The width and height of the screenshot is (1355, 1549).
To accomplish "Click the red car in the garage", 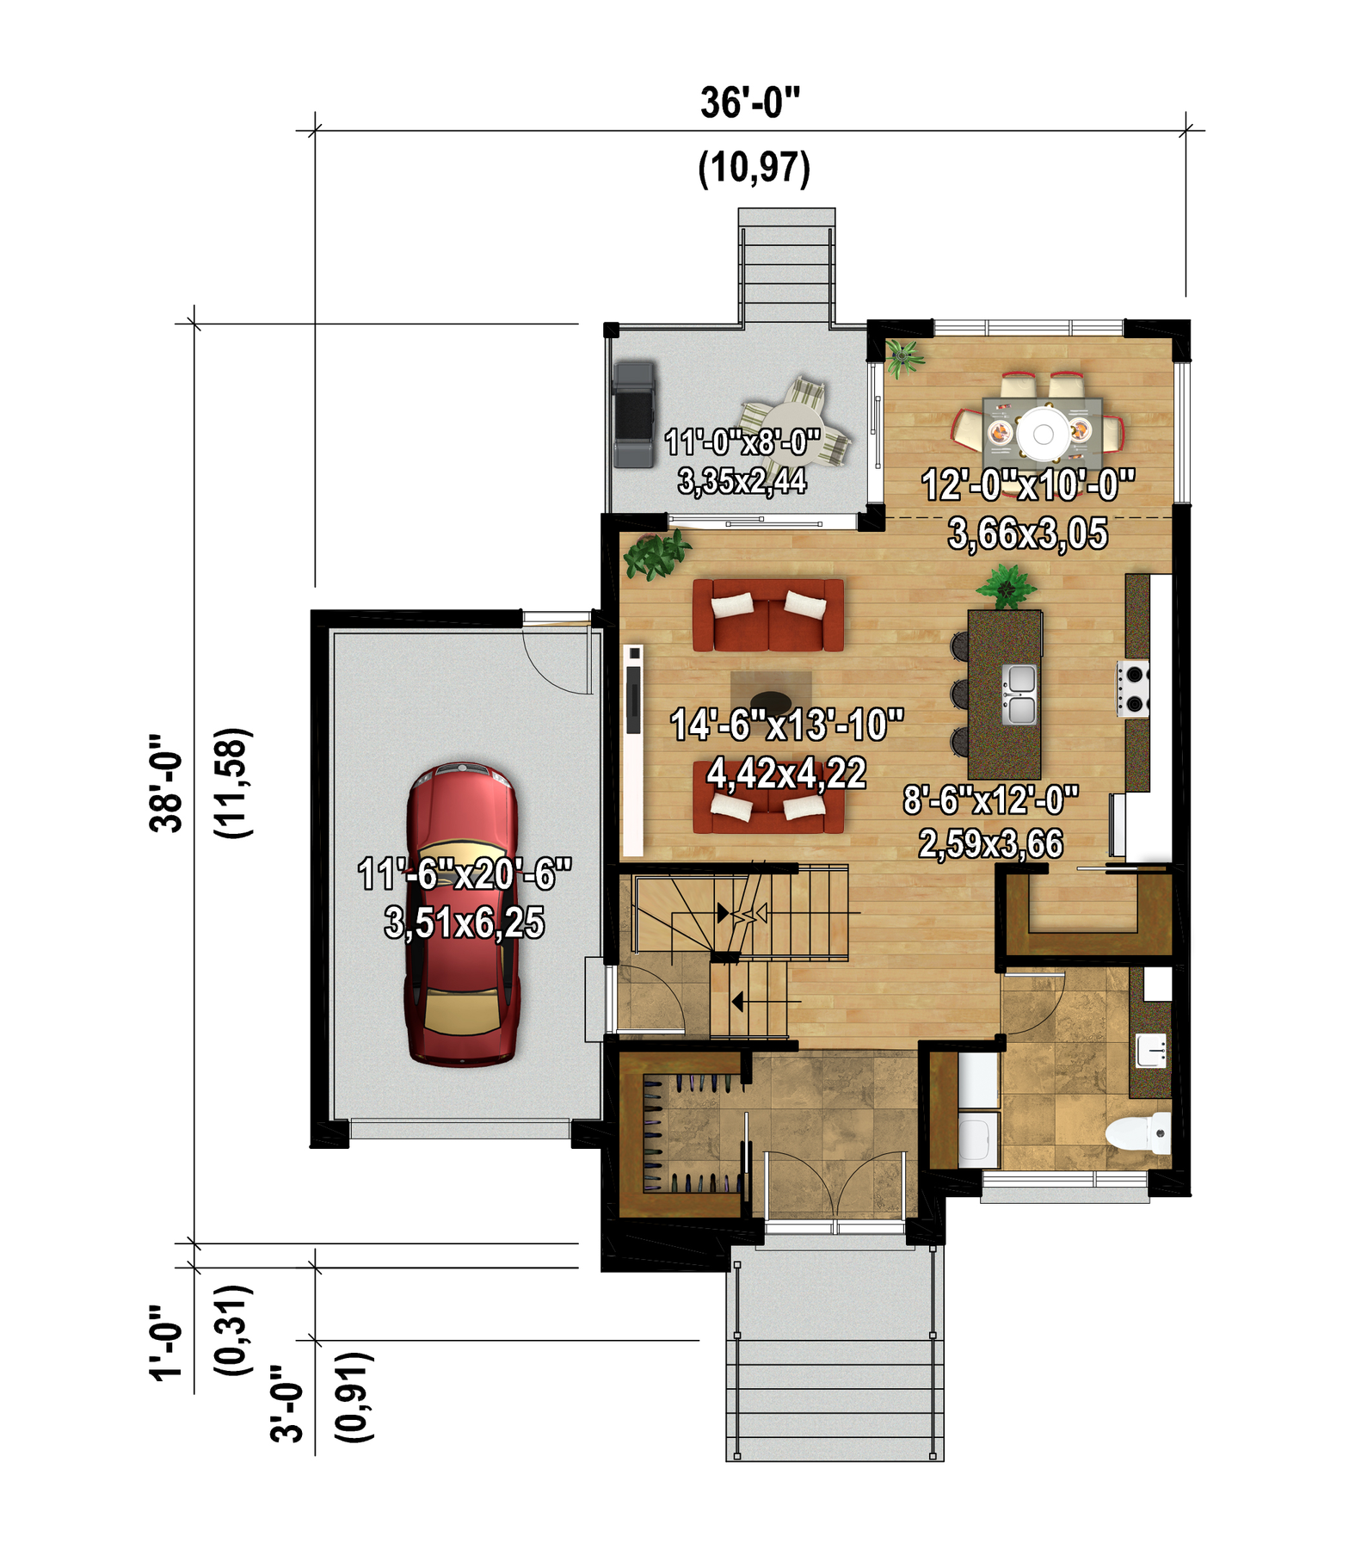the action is pos(462,914).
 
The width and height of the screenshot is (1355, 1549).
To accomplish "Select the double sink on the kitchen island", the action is pos(1019,694).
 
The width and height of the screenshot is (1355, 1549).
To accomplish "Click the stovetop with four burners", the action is pos(1133,688).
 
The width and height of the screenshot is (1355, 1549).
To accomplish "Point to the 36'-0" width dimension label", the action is pos(750,103).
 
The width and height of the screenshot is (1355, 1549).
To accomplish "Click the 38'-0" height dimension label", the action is pos(166,783).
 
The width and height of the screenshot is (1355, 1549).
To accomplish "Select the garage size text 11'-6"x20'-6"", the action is pos(465,874).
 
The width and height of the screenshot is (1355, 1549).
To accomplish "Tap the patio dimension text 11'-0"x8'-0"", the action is pos(742,442).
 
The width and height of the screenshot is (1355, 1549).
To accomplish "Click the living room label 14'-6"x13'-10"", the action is pos(787,725).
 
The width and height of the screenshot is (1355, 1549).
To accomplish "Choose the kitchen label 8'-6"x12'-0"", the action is pos(991,800).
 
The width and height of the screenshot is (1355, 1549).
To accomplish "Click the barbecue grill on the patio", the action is pos(634,414).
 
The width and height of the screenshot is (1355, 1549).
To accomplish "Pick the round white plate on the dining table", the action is pos(1043,434).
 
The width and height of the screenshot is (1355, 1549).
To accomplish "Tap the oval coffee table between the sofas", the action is pos(772,701).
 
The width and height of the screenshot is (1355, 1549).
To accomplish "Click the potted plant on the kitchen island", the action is pos(1006,587).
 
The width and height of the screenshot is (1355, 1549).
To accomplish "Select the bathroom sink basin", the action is pos(1151,1050).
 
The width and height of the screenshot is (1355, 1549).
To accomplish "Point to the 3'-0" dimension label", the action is pos(287,1403).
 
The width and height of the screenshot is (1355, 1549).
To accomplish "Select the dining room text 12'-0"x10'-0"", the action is pos(1028,484).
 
